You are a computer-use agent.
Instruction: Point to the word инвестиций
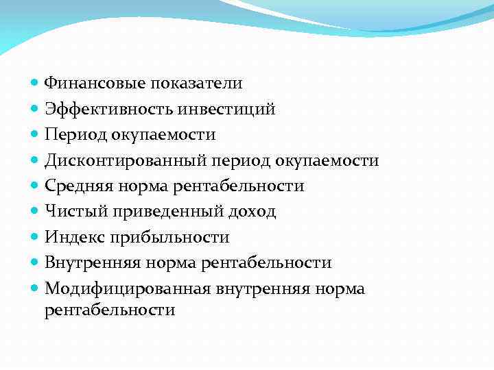pyautogui.click(x=226, y=109)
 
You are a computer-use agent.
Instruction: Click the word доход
pyautogui.click(x=253, y=212)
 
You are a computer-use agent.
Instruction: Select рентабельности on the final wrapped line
pyautogui.click(x=110, y=310)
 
